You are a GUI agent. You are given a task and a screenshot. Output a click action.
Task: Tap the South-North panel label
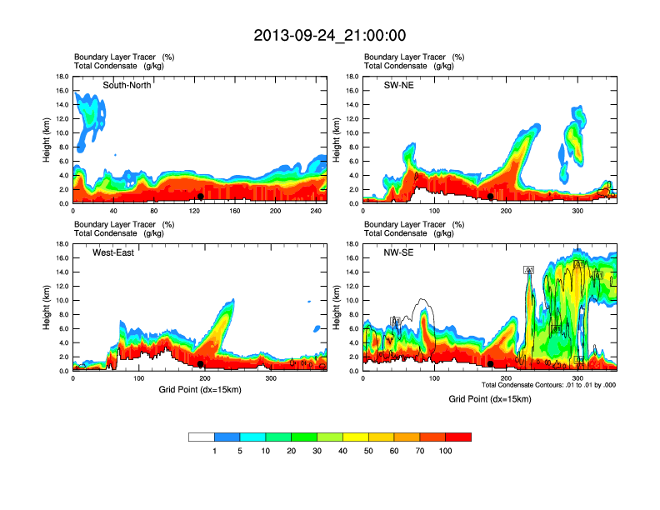(x=127, y=85)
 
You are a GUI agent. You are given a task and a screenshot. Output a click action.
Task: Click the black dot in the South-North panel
(x=201, y=197)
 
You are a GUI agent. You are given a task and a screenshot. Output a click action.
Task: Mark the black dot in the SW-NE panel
(x=491, y=197)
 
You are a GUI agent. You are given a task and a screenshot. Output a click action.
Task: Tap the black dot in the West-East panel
(x=201, y=364)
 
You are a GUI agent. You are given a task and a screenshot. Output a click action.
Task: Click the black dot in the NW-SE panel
(x=491, y=364)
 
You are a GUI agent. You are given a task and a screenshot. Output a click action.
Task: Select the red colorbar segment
(x=458, y=437)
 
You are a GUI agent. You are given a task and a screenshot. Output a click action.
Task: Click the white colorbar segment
(x=202, y=437)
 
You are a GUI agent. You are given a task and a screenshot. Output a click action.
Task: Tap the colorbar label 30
(x=317, y=451)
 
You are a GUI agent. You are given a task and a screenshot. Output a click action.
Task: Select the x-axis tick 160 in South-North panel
(x=235, y=211)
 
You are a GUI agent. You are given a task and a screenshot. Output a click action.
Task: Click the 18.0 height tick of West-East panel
(x=61, y=244)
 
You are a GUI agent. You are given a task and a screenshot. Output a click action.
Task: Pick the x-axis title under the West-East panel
(x=198, y=389)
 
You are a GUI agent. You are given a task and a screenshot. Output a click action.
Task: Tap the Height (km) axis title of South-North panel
(x=47, y=140)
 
